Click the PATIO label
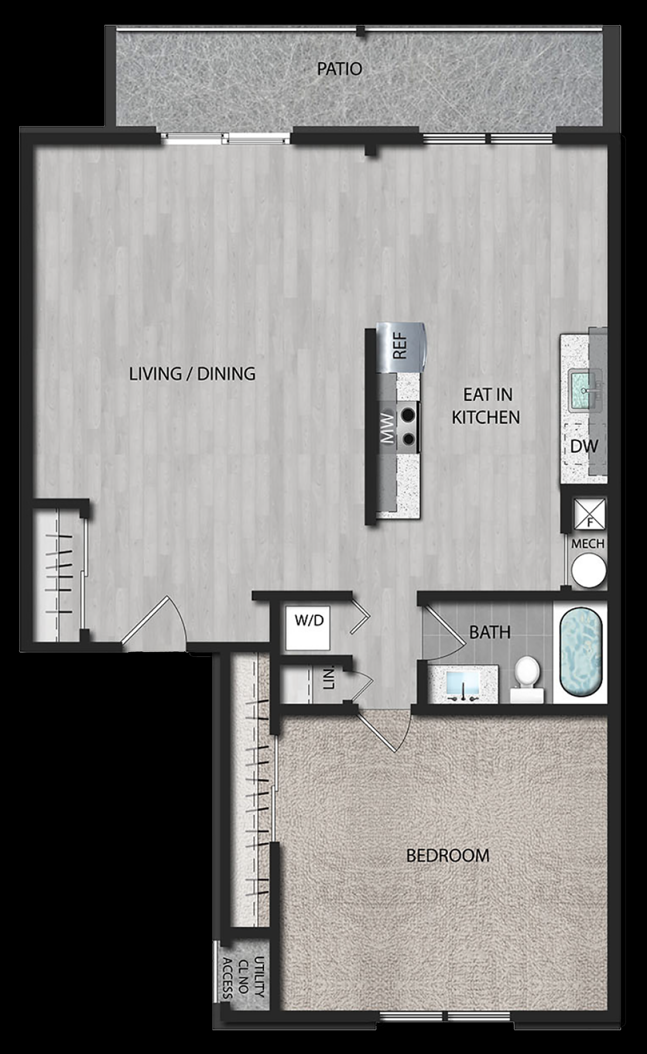[339, 69]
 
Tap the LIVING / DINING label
[192, 373]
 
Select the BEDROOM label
[448, 855]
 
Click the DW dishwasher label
[584, 446]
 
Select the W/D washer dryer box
[309, 628]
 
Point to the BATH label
[490, 632]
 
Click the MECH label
[588, 544]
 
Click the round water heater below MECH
[589, 571]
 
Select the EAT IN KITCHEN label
[486, 406]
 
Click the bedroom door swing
[383, 730]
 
